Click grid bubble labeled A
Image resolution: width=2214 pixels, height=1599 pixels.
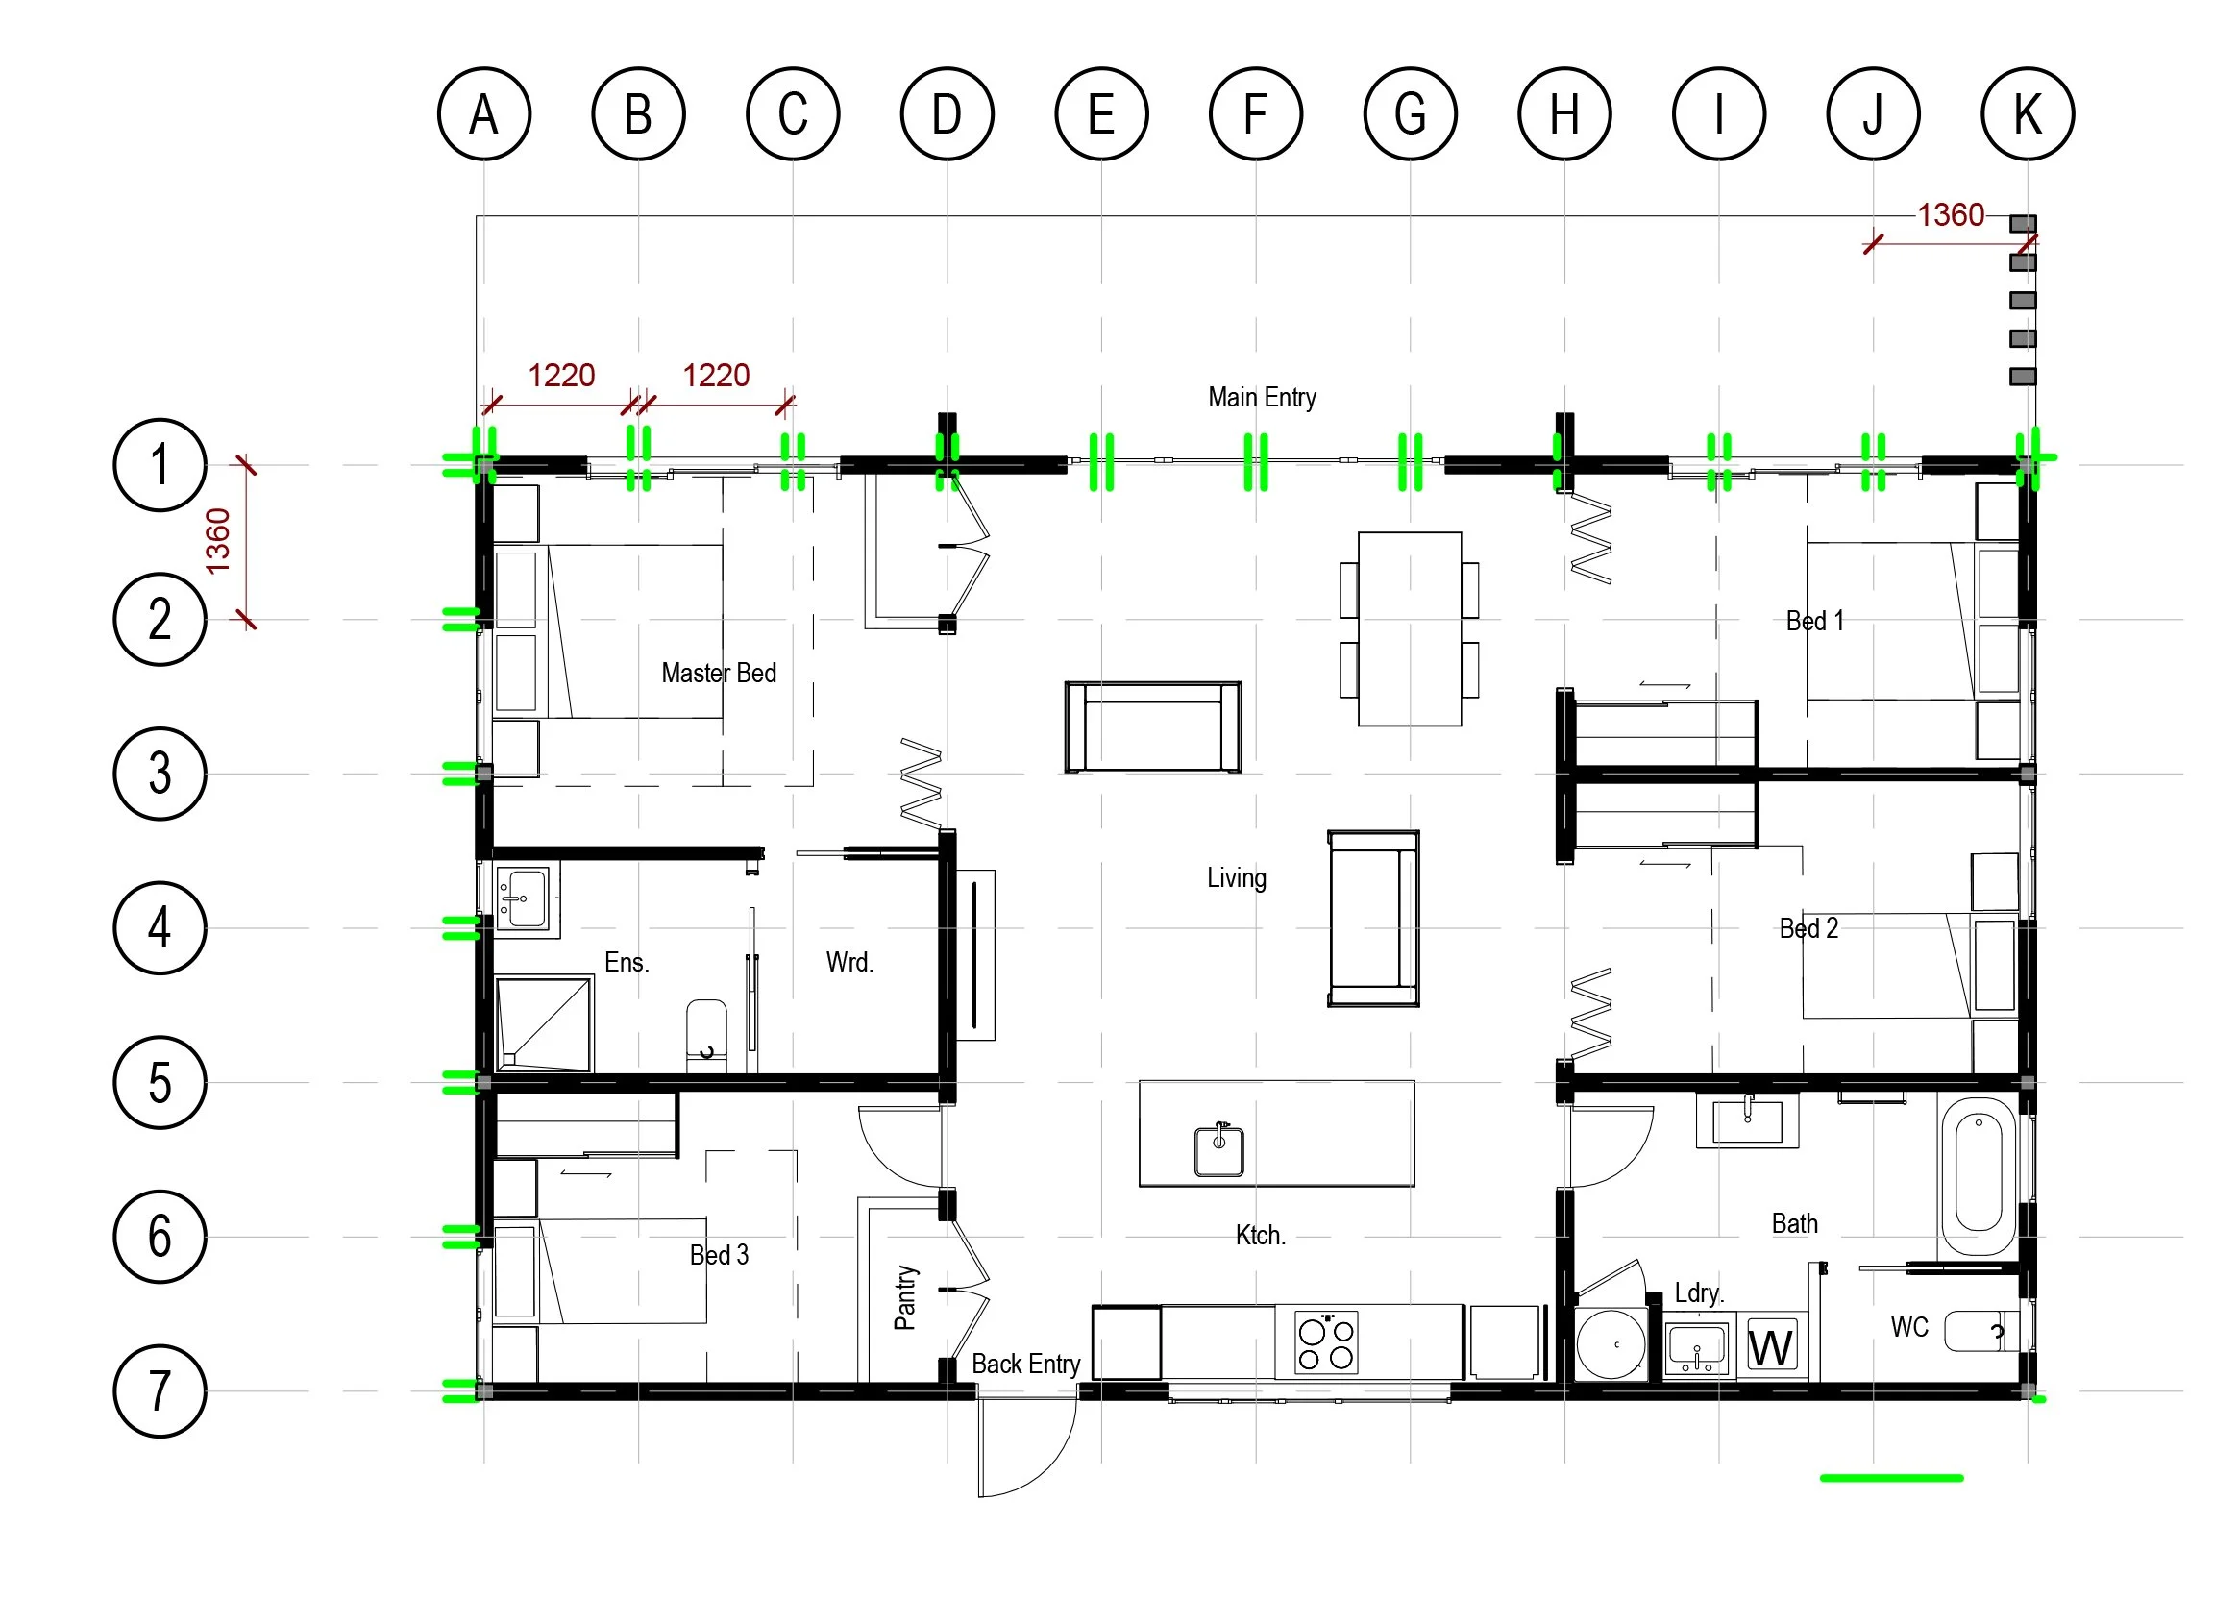click(x=483, y=113)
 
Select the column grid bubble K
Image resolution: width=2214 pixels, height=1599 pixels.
click(x=2027, y=113)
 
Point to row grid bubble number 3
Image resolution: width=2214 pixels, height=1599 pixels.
click(x=160, y=774)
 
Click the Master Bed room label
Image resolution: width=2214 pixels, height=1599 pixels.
click(x=719, y=673)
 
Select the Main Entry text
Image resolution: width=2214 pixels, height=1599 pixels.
click(x=1262, y=397)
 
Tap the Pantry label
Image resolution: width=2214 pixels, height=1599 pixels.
click(x=905, y=1297)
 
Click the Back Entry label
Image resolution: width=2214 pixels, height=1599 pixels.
click(x=1025, y=1364)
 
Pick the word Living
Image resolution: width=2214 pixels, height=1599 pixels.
click(x=1236, y=877)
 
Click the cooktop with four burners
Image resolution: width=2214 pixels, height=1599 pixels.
click(x=1326, y=1343)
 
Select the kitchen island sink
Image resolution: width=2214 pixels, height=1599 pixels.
click(x=1219, y=1150)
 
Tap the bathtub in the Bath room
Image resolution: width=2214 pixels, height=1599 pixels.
click(x=1978, y=1175)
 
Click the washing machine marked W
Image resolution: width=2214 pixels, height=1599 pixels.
click(x=1771, y=1347)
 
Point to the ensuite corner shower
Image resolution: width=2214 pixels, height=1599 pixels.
click(x=543, y=1024)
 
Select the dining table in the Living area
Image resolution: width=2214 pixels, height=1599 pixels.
click(x=1409, y=628)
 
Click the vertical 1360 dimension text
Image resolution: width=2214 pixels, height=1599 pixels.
click(x=218, y=540)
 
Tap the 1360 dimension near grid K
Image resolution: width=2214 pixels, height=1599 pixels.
click(x=1951, y=214)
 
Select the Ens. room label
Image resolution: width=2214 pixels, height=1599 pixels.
click(x=626, y=963)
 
